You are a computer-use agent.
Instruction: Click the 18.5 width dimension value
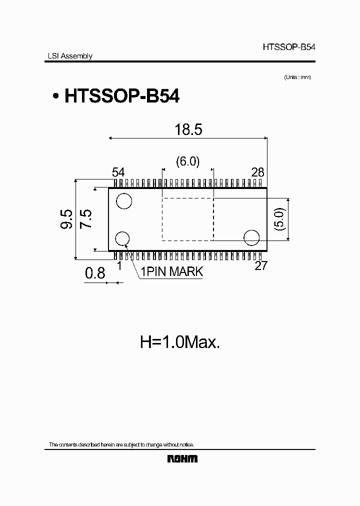(x=188, y=130)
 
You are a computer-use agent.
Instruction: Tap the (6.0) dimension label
(x=188, y=161)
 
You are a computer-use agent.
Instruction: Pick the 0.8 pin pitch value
(x=95, y=273)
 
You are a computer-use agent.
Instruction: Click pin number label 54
(x=118, y=172)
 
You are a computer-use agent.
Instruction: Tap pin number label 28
(x=257, y=172)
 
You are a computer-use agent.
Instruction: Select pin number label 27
(x=261, y=265)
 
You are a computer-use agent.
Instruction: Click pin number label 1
(x=119, y=266)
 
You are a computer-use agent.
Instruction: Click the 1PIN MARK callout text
(x=171, y=272)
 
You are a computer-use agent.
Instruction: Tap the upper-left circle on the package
(x=123, y=201)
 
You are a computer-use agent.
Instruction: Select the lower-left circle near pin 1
(x=123, y=239)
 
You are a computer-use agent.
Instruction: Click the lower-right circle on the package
(x=251, y=237)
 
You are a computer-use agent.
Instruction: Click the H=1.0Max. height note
(x=180, y=342)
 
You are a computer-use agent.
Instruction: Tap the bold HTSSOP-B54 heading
(x=121, y=96)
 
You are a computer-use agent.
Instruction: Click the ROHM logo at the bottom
(x=182, y=458)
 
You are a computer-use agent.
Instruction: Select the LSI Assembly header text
(x=66, y=56)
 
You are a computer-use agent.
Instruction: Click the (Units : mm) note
(x=297, y=77)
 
